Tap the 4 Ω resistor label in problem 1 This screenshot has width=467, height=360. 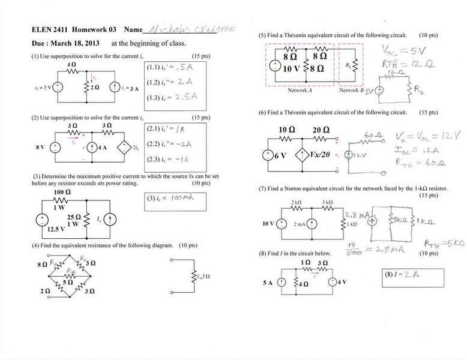pyautogui.click(x=71, y=64)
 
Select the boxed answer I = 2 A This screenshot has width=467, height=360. pyautogui.click(x=399, y=276)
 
